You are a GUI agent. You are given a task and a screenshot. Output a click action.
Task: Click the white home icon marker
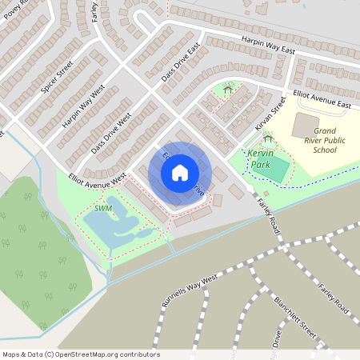180,172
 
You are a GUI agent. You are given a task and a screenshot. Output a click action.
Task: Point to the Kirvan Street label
272,114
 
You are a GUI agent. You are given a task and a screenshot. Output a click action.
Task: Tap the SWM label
103,208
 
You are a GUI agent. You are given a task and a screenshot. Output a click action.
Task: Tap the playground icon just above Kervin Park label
267,138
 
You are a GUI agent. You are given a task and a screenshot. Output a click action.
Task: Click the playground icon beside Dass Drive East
228,90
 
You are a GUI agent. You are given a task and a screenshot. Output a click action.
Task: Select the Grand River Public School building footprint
305,125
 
